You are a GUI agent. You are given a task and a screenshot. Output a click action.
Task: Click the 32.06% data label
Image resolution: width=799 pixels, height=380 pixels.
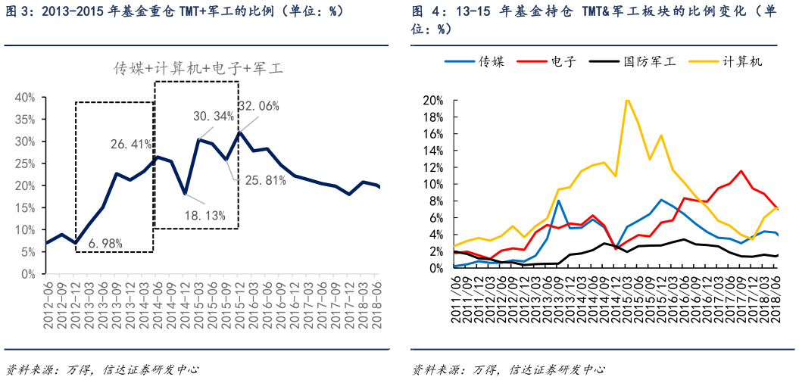258,106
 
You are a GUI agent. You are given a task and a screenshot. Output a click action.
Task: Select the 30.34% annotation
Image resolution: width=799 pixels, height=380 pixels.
214,117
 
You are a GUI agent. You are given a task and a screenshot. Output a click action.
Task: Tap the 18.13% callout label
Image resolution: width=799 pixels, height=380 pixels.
204,216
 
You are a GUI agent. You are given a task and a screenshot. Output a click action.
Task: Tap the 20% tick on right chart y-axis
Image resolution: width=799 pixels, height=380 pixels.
433,101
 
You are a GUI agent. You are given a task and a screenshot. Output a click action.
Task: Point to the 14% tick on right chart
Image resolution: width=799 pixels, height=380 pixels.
433,151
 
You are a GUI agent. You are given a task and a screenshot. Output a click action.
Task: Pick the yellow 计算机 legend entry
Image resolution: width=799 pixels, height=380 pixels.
742,62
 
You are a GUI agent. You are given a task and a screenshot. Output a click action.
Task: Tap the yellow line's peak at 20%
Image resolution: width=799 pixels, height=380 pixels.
626,100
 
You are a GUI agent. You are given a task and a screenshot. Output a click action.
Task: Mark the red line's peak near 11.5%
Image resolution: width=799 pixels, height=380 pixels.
741,171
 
